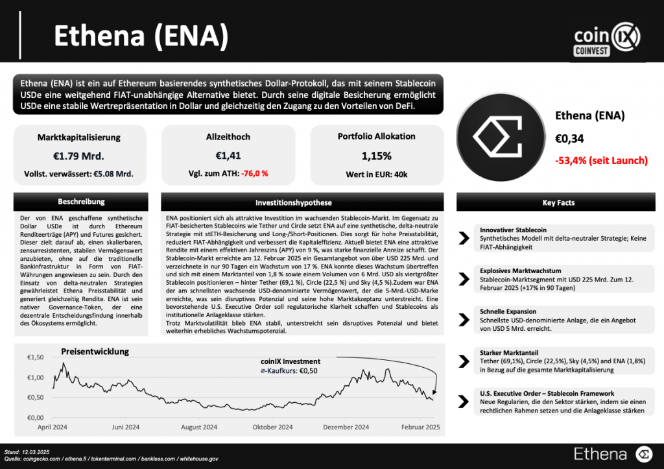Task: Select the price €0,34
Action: (569, 138)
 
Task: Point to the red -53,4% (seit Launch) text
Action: (601, 160)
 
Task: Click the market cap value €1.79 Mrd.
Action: (79, 156)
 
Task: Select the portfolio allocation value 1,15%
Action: (376, 156)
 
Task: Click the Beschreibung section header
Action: (81, 202)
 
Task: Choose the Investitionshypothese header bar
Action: (303, 202)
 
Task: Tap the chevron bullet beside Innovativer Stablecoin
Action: (464, 238)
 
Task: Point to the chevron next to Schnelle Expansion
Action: (464, 320)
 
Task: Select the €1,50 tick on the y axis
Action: (36, 357)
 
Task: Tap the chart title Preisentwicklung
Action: (95, 352)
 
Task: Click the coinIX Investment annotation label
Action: (290, 361)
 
